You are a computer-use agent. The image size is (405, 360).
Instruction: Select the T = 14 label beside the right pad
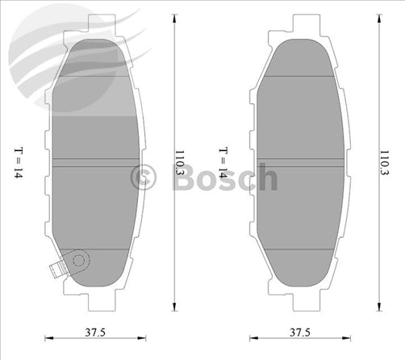[x=223, y=161]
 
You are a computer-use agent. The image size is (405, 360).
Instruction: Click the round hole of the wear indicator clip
[x=78, y=259]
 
